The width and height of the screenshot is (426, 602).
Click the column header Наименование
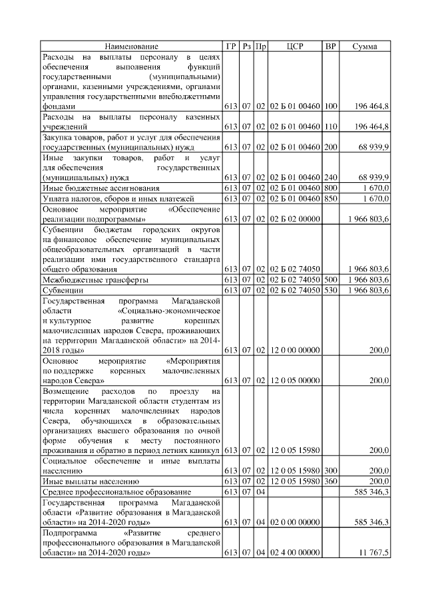131,46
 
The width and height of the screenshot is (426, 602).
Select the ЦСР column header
294,46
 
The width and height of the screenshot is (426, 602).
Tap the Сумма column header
365,46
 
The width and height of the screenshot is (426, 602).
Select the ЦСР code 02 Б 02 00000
294,218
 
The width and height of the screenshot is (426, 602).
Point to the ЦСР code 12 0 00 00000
294,349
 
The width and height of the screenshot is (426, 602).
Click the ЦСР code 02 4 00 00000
294,553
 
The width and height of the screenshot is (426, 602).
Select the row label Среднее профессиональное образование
116,491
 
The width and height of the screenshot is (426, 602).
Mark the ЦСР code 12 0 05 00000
294,380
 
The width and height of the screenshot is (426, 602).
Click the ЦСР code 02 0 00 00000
294,522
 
